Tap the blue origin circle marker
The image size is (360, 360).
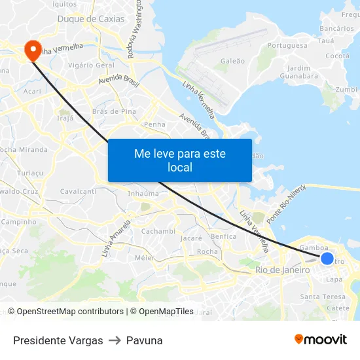(327, 259)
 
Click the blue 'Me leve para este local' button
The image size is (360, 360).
(180, 160)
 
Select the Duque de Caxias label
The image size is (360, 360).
(91, 19)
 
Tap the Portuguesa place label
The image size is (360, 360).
(287, 45)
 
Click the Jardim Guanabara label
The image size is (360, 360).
(298, 72)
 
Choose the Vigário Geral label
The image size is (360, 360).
(92, 65)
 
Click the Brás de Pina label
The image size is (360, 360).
(115, 111)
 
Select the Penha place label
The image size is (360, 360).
(154, 124)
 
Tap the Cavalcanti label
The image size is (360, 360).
(78, 191)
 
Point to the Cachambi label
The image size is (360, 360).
(158, 231)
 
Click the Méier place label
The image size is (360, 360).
(144, 258)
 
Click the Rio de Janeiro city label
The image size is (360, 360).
(283, 270)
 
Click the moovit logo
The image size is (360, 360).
(321, 339)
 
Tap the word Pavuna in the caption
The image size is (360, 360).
(144, 340)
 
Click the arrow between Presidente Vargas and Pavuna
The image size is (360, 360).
(115, 340)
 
